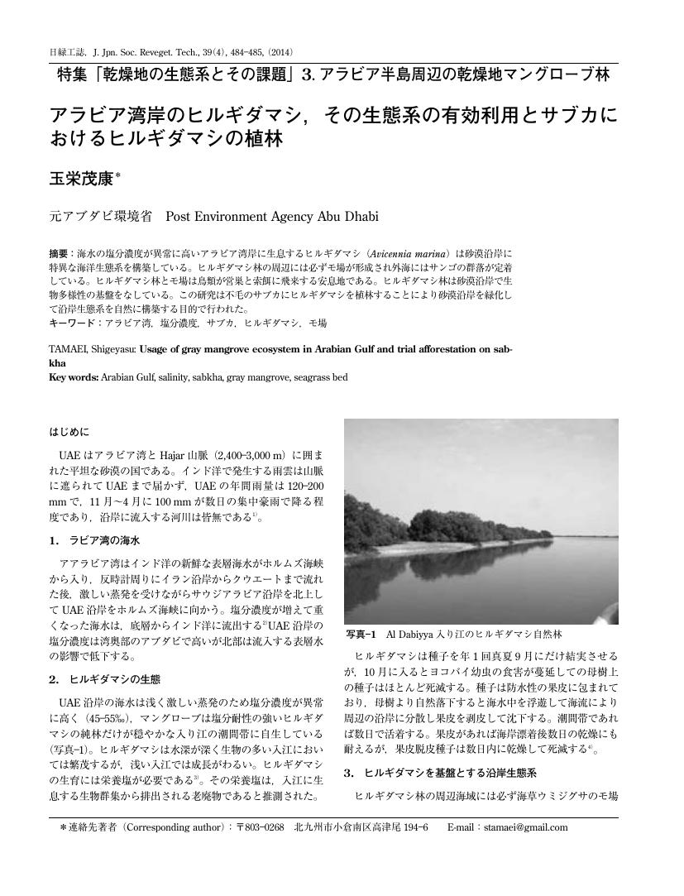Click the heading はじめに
point(69,431)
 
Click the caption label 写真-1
point(361,634)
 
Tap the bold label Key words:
point(74,377)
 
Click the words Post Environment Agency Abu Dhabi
point(272,217)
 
